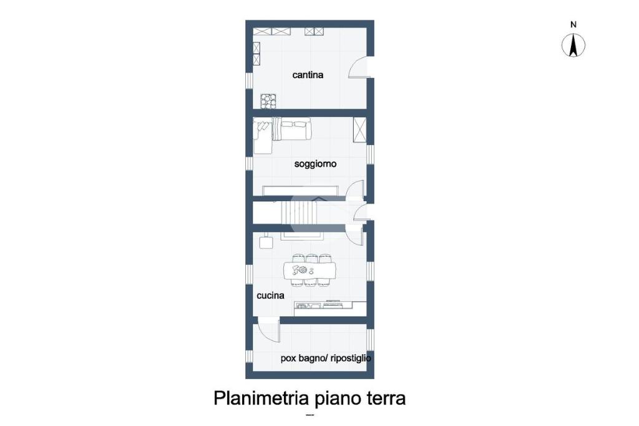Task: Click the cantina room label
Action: [308, 75]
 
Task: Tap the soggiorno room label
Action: [315, 164]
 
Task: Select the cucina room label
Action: [270, 295]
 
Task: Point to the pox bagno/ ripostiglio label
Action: [326, 359]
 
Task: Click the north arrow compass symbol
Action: [573, 46]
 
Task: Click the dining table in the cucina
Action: [310, 270]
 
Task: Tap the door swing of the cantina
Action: [359, 67]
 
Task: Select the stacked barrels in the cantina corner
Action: [268, 101]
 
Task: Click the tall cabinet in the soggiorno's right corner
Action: [359, 130]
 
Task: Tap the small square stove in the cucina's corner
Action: [266, 242]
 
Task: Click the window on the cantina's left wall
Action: [249, 81]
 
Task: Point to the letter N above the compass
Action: [573, 24]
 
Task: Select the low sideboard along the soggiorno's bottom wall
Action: [300, 191]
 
